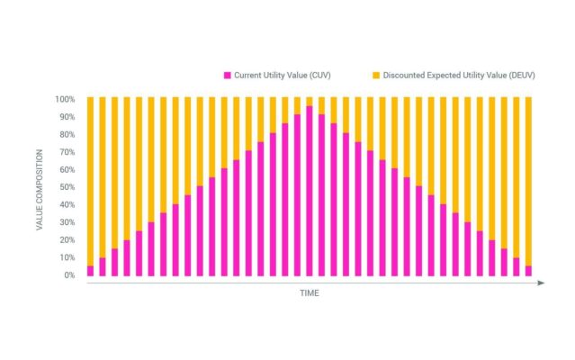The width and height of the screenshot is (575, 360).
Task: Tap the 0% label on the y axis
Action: [x=69, y=275]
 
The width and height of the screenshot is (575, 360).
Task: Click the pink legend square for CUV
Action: [x=229, y=75]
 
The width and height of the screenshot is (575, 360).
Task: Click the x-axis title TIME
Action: [x=310, y=293]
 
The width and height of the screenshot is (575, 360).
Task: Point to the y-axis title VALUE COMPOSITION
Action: [x=40, y=186]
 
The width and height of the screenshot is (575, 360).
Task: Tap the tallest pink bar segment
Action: [x=310, y=192]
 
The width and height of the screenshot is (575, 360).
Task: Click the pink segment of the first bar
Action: [x=91, y=271]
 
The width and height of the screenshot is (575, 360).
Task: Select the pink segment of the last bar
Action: [x=528, y=271]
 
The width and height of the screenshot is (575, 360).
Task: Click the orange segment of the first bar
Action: [x=91, y=180]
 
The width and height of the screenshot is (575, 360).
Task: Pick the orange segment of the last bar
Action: [x=528, y=180]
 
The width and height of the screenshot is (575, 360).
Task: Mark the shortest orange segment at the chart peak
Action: [x=310, y=101]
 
